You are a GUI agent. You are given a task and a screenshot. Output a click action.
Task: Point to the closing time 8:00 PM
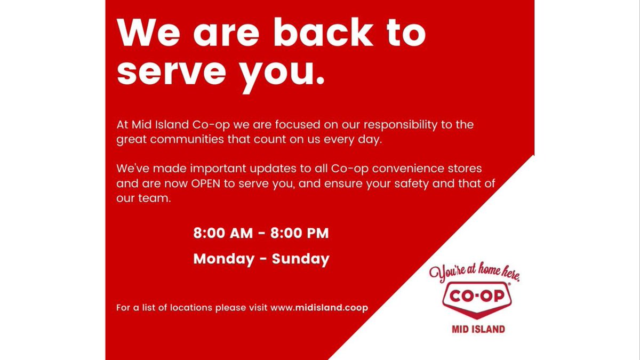tap(300, 234)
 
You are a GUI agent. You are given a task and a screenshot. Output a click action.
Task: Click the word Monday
tap(224, 259)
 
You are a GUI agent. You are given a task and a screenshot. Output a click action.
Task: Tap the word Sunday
tap(301, 259)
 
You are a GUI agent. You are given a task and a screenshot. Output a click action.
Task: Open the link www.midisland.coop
tap(319, 308)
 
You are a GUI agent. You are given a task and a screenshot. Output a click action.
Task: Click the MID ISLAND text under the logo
tap(475, 329)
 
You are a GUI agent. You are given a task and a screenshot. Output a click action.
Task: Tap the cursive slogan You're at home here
tap(474, 273)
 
